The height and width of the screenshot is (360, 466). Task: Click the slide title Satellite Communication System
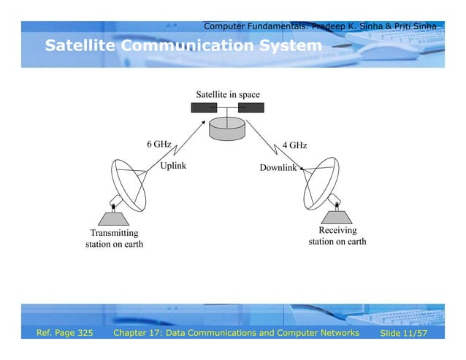(x=183, y=47)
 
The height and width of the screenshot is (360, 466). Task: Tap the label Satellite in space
(x=227, y=95)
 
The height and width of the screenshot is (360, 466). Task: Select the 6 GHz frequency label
(x=158, y=144)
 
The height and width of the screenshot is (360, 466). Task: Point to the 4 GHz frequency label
(x=294, y=145)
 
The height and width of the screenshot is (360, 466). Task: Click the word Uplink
(x=173, y=166)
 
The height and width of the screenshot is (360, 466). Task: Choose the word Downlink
(x=278, y=168)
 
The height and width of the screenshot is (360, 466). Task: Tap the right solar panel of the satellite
(x=251, y=108)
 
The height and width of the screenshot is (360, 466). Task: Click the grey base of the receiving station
(x=337, y=217)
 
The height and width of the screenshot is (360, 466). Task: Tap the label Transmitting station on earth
(x=114, y=238)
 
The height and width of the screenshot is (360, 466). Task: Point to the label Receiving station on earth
(x=337, y=236)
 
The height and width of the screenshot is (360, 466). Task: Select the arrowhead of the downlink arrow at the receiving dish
(x=302, y=169)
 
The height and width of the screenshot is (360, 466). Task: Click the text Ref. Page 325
(x=65, y=333)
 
